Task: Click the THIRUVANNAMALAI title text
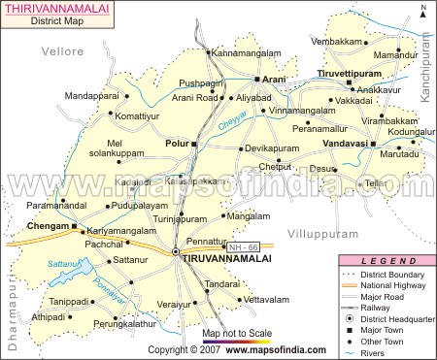coord(58,8)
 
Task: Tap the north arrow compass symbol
coord(423,12)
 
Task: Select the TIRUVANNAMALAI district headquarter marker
coord(176,252)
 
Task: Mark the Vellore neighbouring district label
coord(38,48)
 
